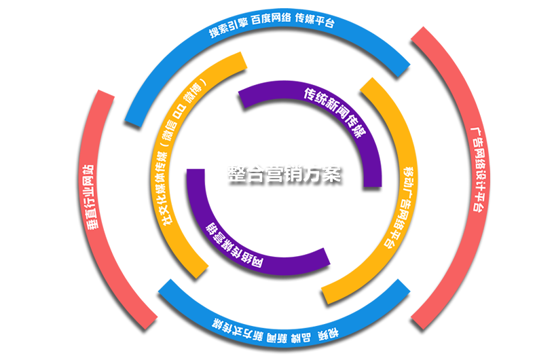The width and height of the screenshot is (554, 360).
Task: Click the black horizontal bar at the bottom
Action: [x=282, y=350]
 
